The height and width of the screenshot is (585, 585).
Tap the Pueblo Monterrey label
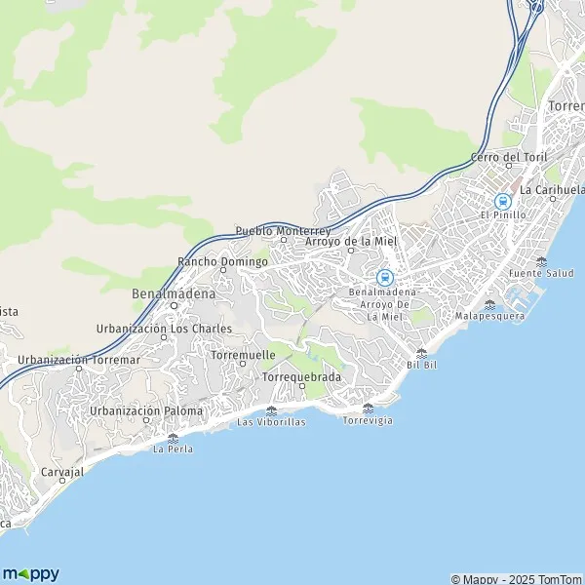tap(283, 231)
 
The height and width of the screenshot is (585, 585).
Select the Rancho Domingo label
tap(222, 261)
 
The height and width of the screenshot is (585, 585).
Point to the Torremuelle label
tap(243, 355)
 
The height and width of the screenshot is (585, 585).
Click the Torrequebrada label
tap(302, 376)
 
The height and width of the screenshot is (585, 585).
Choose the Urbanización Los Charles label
tap(164, 329)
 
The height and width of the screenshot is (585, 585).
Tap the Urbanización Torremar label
tap(79, 360)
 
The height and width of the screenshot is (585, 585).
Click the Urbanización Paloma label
tap(145, 410)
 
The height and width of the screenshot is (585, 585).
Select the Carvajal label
tap(63, 471)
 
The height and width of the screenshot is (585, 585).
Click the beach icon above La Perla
tap(173, 438)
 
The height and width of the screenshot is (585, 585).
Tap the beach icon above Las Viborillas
tap(272, 410)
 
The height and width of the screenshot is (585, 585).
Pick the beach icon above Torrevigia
tap(368, 408)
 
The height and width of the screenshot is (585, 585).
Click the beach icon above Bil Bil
tap(421, 353)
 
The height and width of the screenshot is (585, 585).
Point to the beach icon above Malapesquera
tap(489, 304)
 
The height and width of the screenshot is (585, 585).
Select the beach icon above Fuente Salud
tap(541, 261)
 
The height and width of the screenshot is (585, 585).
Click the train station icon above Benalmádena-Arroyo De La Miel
tap(384, 277)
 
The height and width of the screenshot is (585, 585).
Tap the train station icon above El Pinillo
tap(503, 200)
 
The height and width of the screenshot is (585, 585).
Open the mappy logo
tap(30, 573)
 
